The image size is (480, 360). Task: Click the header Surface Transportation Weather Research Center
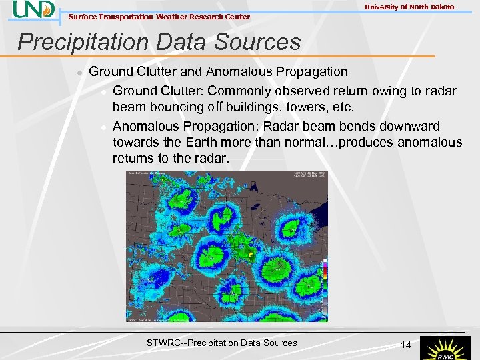click(159, 17)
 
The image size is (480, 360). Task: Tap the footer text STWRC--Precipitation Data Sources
click(221, 343)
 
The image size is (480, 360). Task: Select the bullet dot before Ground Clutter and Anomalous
click(79, 72)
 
